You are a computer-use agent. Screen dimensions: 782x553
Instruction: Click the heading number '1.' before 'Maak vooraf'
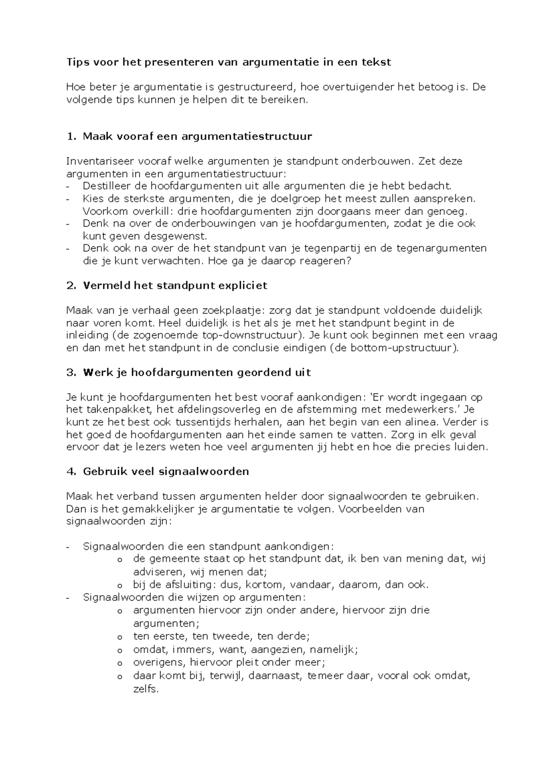click(71, 136)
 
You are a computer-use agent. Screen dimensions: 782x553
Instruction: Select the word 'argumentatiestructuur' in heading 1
click(247, 136)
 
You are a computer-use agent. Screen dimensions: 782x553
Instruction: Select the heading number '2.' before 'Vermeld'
click(71, 286)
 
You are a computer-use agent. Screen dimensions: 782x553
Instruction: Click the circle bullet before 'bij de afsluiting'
click(120, 586)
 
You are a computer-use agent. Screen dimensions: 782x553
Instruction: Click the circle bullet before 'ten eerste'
click(120, 637)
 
